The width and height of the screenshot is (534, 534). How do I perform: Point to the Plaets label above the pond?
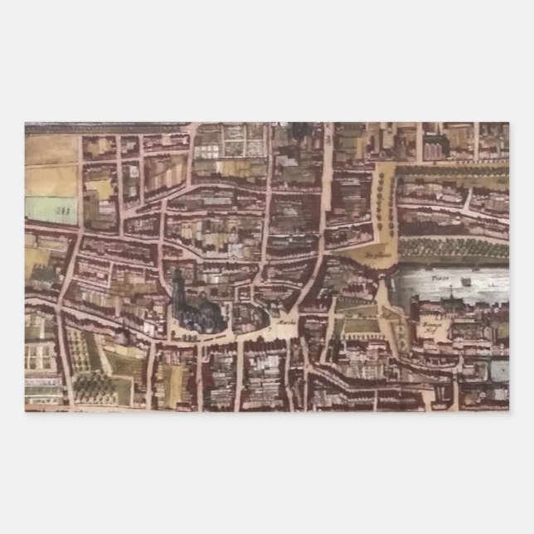tap(375, 254)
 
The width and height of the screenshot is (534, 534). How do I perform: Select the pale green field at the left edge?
tap(51, 209)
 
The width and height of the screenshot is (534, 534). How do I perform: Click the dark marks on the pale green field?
tap(61, 212)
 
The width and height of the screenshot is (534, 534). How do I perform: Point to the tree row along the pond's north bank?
tap(452, 247)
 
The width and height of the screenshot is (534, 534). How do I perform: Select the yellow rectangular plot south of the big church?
tap(169, 381)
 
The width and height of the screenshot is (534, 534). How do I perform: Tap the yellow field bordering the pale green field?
tap(51, 178)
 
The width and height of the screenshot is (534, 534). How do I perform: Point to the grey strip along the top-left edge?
tap(108, 129)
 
